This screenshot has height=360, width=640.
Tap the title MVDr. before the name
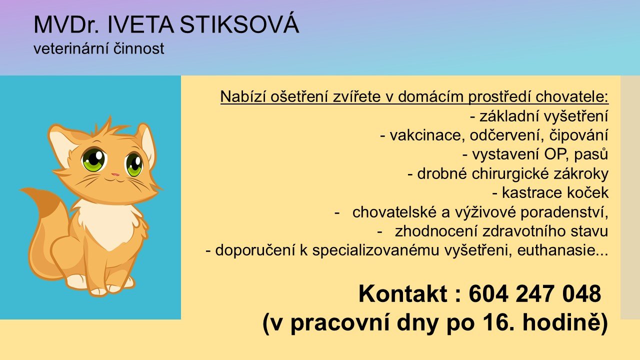[x=66, y=25]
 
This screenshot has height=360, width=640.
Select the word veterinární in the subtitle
[x=70, y=48]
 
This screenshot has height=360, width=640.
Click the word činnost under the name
[x=138, y=48]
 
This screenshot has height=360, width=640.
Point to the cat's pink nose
[x=115, y=174]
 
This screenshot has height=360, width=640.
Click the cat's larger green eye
[x=94, y=159]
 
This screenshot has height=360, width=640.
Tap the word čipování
[x=578, y=135]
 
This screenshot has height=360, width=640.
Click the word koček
[x=583, y=192]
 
